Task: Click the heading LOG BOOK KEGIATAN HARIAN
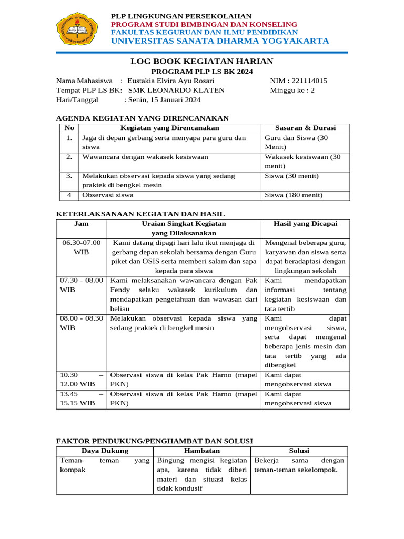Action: point(202,62)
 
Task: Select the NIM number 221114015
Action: point(310,81)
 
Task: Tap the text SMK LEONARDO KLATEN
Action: point(176,90)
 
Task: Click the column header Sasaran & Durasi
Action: point(305,128)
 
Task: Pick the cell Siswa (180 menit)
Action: point(294,195)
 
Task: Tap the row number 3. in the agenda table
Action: point(69,176)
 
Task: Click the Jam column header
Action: point(82,224)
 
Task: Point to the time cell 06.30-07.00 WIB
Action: point(82,247)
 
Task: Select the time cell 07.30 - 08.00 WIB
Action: point(82,285)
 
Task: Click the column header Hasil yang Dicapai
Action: point(305,224)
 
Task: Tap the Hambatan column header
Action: point(201,451)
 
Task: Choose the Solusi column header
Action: point(299,451)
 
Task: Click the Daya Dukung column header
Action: point(105,451)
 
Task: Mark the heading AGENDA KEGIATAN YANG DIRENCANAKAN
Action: point(142,118)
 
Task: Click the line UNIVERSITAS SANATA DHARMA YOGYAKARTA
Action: point(220,41)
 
